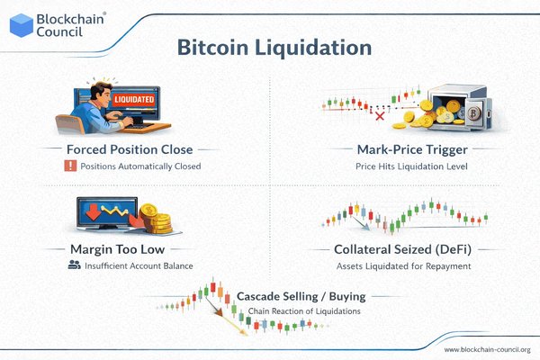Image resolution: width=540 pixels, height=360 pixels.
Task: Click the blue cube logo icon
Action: tap(21, 22)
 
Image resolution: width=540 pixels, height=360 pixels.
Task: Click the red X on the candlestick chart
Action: tap(355, 115)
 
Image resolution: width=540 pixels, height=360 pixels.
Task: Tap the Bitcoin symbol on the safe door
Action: tap(473, 112)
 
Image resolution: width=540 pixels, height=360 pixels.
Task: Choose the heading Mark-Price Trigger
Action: tap(401, 148)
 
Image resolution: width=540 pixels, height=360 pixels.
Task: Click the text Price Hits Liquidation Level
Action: tap(401, 166)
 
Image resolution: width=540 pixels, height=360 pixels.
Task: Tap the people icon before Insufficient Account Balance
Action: tap(73, 265)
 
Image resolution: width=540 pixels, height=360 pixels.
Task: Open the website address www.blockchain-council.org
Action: tap(487, 349)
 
